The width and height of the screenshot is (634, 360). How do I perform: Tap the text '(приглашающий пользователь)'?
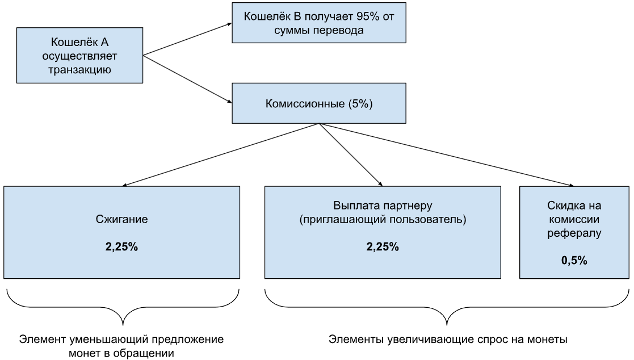(383, 219)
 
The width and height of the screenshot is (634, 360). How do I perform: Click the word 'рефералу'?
(575, 233)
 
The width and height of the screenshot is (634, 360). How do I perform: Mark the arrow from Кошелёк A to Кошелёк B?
(187, 39)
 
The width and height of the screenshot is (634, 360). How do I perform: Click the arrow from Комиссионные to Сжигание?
(221, 154)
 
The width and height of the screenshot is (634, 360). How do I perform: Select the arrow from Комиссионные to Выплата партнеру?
(350, 154)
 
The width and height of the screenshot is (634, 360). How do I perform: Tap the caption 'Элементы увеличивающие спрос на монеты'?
(448, 340)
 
